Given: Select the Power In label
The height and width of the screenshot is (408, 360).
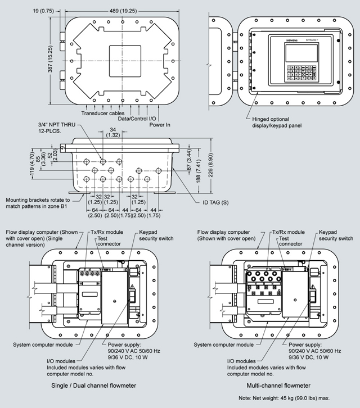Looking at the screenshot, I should click(160, 125).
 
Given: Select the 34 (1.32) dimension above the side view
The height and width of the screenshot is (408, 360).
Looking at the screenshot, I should click(113, 132).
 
